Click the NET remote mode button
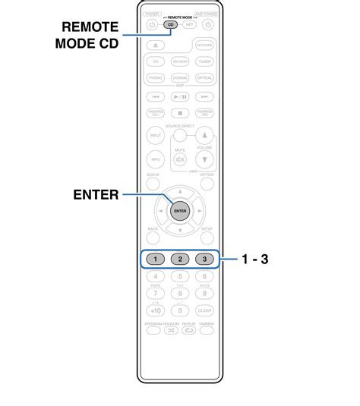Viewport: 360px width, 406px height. tap(190, 24)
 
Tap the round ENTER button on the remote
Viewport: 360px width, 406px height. tap(180, 211)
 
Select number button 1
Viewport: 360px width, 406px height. tap(155, 259)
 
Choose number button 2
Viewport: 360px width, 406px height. tap(180, 259)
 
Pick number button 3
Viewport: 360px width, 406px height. tap(205, 259)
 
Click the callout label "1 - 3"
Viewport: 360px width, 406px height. tap(255, 259)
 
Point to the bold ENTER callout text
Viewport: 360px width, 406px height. tap(96, 195)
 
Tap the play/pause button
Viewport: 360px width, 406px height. tap(180, 97)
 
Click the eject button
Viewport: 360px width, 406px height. tap(155, 45)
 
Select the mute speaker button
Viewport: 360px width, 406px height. tap(180, 159)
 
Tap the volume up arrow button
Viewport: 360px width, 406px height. tap(204, 135)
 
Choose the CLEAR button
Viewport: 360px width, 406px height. tap(205, 310)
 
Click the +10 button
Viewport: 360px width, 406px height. tap(155, 310)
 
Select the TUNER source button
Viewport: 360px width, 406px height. tap(205, 61)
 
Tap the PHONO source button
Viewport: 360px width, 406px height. tap(155, 77)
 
